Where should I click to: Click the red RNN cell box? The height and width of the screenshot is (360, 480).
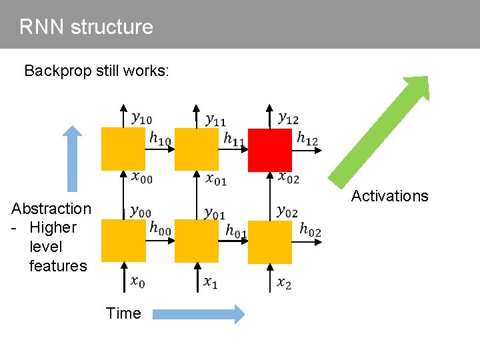coord(270,150)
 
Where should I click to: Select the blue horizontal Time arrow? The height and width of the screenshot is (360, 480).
coord(198,314)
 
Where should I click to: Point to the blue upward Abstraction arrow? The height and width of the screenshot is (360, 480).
coord(73,157)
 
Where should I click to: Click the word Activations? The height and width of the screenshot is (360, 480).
coord(389,196)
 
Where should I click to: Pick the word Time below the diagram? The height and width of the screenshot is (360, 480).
coord(123,313)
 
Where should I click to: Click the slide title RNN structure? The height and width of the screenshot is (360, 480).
coord(86,27)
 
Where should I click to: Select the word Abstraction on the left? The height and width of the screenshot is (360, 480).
coord(51,209)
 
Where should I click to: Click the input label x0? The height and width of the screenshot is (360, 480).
coord(137,283)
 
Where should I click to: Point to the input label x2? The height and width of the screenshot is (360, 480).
coord(284,283)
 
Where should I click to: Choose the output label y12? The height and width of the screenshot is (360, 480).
coord(288,118)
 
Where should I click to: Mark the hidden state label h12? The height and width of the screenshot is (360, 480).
coord(307,139)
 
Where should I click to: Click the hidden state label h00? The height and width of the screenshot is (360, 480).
coord(160,228)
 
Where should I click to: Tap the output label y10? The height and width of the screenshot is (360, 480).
coord(141,119)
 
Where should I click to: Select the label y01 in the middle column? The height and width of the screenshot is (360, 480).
coord(214,213)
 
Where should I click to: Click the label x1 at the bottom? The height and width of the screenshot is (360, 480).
coord(211,283)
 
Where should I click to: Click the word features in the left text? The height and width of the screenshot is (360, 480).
coord(58,266)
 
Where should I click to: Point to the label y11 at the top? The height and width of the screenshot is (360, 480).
coord(215,119)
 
